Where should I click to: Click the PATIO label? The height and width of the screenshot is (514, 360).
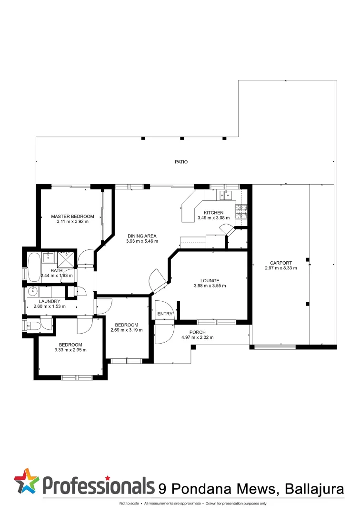click(x=181, y=162)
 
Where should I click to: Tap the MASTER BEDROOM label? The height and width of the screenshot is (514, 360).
click(x=72, y=217)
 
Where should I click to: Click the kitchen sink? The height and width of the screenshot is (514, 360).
click(x=225, y=194)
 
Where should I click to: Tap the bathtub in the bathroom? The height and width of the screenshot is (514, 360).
click(x=34, y=267)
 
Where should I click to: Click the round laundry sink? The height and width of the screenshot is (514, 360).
click(x=33, y=291)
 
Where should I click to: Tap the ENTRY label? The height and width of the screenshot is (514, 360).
click(x=165, y=314)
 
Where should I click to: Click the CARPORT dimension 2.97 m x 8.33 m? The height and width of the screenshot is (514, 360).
click(x=281, y=268)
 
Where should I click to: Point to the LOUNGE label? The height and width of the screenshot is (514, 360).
click(x=210, y=280)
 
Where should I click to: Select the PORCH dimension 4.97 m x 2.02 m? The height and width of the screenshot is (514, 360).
click(x=197, y=337)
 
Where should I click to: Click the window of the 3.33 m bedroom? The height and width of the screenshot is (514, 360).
click(x=77, y=377)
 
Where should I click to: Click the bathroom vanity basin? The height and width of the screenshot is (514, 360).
click(x=49, y=258)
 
